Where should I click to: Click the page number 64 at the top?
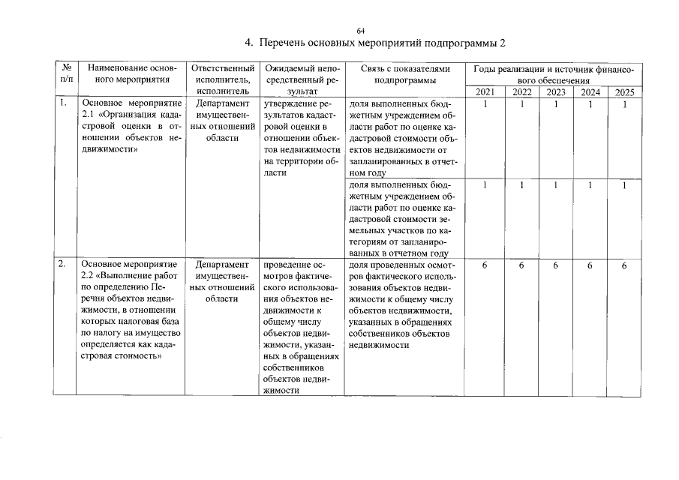[360, 30]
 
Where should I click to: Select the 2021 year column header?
[485, 92]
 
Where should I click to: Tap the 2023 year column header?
[556, 92]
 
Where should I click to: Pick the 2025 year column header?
[623, 92]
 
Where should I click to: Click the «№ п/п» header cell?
[66, 73]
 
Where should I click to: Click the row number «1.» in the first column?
[64, 103]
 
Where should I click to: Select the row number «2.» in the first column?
[64, 264]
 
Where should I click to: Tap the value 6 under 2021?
[485, 265]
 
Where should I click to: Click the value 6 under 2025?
[623, 265]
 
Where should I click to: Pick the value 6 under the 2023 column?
[556, 265]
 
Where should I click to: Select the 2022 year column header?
[521, 92]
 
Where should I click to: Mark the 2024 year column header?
[590, 92]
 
